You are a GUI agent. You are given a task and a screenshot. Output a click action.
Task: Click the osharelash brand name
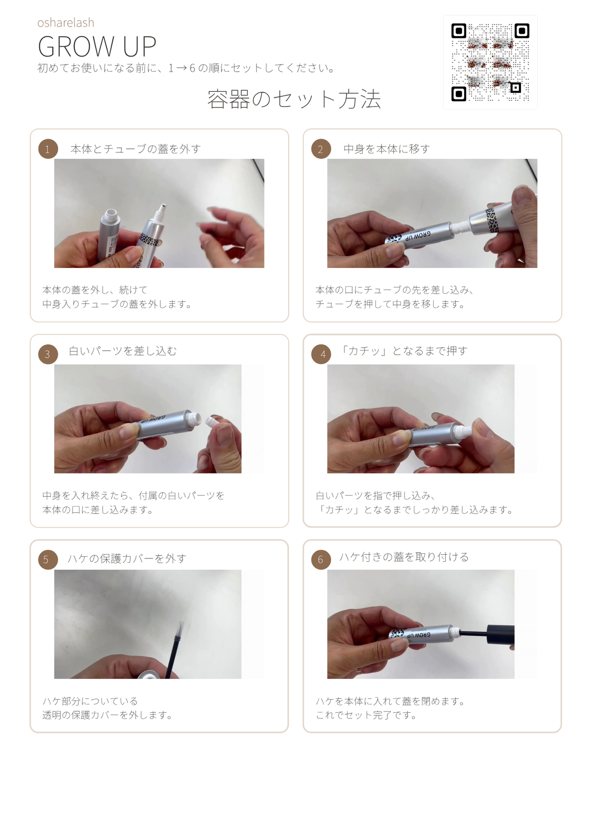tap(66, 23)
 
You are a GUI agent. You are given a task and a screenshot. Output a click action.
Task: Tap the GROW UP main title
tap(97, 47)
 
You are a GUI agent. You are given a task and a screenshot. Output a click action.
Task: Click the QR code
tap(490, 62)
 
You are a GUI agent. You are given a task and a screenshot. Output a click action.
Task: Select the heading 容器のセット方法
tap(294, 99)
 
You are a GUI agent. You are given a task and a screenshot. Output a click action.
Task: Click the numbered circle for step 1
tap(48, 149)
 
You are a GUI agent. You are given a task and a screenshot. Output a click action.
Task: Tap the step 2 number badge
tap(321, 149)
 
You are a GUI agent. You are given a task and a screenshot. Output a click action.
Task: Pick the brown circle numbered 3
tap(48, 354)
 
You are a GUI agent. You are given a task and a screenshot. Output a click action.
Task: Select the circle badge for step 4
tap(321, 354)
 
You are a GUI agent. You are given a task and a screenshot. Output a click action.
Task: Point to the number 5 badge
tap(48, 559)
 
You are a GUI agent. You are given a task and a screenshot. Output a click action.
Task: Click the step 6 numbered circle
tap(321, 559)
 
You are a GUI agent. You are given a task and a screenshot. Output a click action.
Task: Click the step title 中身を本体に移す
tap(387, 149)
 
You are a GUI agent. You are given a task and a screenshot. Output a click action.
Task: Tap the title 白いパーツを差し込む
tap(123, 351)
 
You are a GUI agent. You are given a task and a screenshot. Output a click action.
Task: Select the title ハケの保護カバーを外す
tap(127, 558)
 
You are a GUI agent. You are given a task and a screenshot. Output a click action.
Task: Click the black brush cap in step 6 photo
tap(500, 633)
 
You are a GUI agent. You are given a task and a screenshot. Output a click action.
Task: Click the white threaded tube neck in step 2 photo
tap(460, 227)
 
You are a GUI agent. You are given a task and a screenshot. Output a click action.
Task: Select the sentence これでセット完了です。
tap(366, 715)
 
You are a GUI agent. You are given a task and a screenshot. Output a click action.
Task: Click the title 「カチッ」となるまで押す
tap(404, 351)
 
